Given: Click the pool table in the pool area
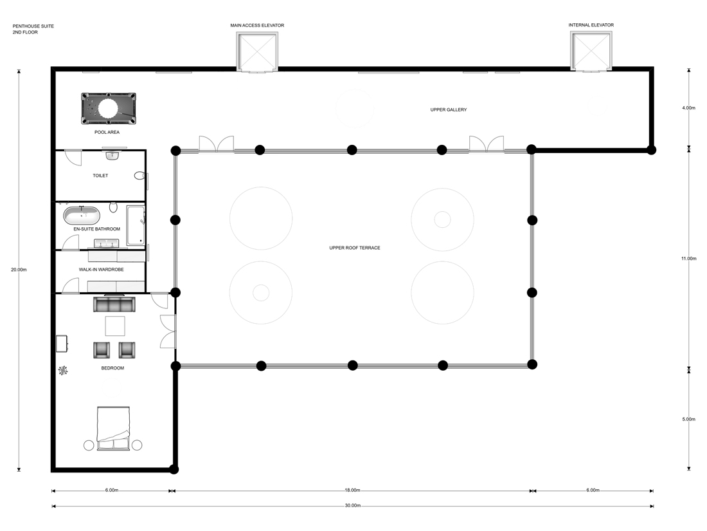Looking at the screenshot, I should [109, 108].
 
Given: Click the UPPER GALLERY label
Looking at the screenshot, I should [448, 110].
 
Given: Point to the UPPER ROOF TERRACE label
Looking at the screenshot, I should [354, 248].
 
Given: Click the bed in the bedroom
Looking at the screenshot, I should [113, 429].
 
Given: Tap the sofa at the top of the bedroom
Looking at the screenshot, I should [113, 304].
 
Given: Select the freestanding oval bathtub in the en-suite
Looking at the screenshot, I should [82, 215].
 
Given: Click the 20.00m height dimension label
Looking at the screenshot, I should [19, 270].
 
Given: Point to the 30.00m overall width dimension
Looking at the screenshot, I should [352, 506].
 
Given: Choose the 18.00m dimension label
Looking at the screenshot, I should [352, 490].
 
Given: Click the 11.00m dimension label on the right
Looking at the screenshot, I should [688, 259].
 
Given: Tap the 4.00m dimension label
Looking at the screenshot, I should [688, 108].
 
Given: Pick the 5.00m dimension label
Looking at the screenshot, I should [688, 419].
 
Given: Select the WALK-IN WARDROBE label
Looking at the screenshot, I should [101, 270].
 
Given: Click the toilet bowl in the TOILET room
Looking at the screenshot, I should [139, 175].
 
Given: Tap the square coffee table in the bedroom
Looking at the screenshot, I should [114, 326].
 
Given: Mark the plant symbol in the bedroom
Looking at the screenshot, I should [63, 370].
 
